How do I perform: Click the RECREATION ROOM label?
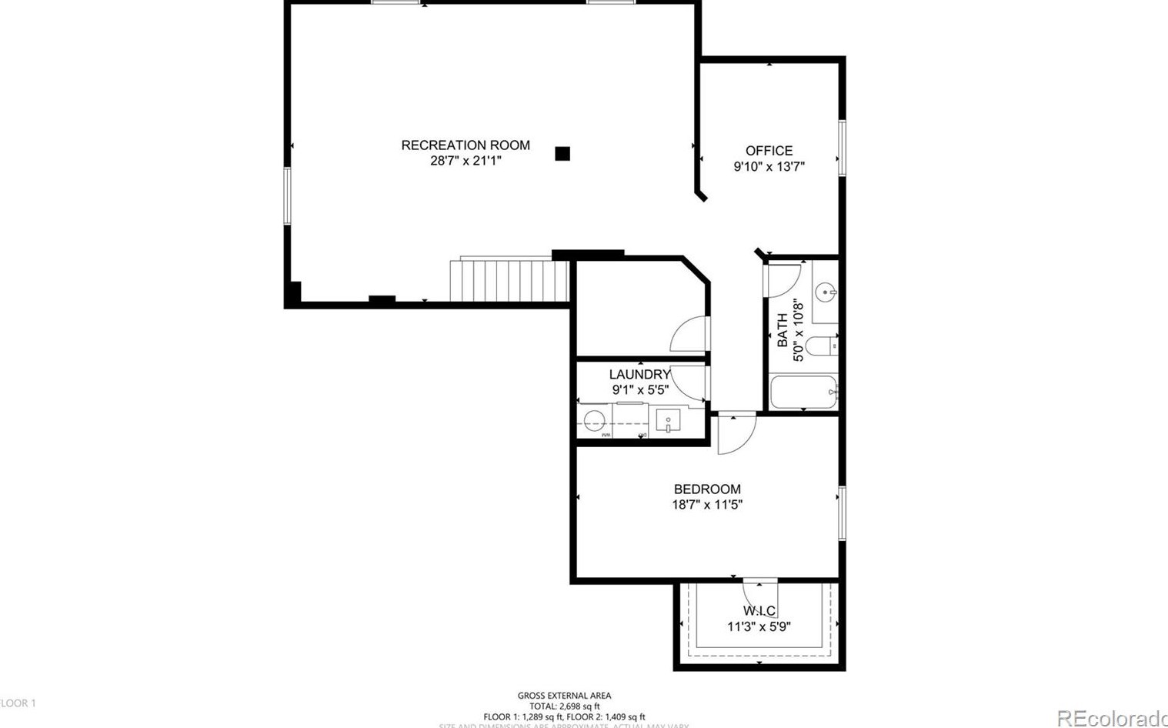(466, 145)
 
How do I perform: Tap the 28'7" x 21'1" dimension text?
(466, 161)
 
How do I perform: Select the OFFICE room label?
(769, 151)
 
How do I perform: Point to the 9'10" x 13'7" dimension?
(769, 166)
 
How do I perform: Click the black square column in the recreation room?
(562, 154)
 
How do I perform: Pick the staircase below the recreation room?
(509, 282)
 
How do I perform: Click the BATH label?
(783, 329)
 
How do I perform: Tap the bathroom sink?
(825, 292)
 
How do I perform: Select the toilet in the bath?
(822, 346)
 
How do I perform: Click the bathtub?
(803, 392)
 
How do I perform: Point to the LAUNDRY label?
(639, 375)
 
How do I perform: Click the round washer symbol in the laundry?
(594, 421)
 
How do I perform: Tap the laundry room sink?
(668, 421)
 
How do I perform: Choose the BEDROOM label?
(707, 489)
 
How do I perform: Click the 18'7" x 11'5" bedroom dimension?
(707, 505)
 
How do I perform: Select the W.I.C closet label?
(759, 611)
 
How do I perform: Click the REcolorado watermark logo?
(1112, 718)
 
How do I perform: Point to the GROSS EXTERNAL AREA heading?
(564, 696)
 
